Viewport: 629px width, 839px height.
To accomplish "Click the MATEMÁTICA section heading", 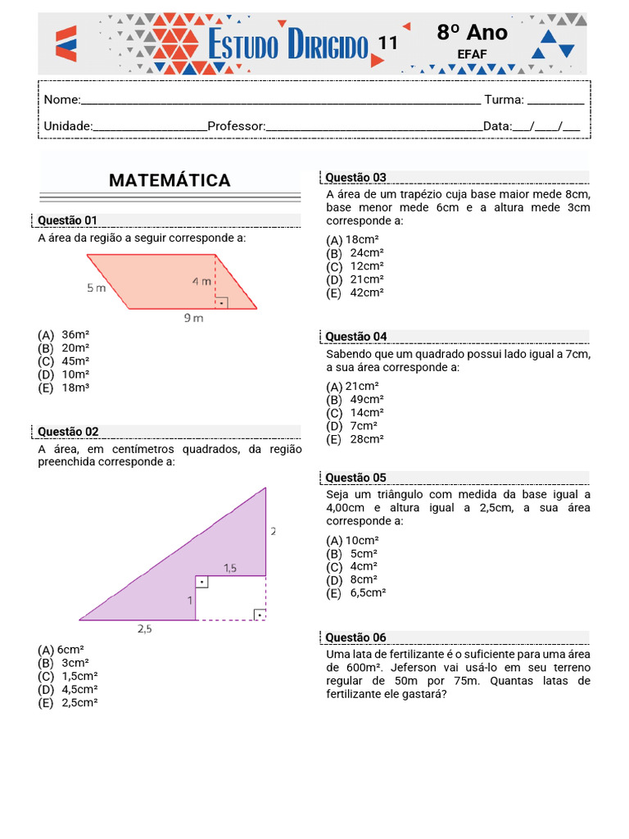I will (x=170, y=180).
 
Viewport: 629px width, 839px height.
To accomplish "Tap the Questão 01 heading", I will (x=68, y=220).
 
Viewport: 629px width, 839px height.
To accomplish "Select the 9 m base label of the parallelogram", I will (x=192, y=319).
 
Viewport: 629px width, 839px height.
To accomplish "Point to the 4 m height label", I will (x=201, y=281).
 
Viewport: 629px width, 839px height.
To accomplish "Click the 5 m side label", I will (x=97, y=288).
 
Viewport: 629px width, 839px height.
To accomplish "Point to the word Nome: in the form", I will (x=61, y=100).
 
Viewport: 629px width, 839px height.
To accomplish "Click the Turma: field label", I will (x=504, y=100).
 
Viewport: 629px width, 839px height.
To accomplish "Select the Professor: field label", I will (x=237, y=126).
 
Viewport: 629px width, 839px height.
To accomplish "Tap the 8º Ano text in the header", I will (x=472, y=33).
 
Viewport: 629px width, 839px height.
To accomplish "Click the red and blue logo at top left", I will (x=66, y=43).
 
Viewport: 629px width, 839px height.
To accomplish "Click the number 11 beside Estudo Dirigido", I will (x=387, y=43).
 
